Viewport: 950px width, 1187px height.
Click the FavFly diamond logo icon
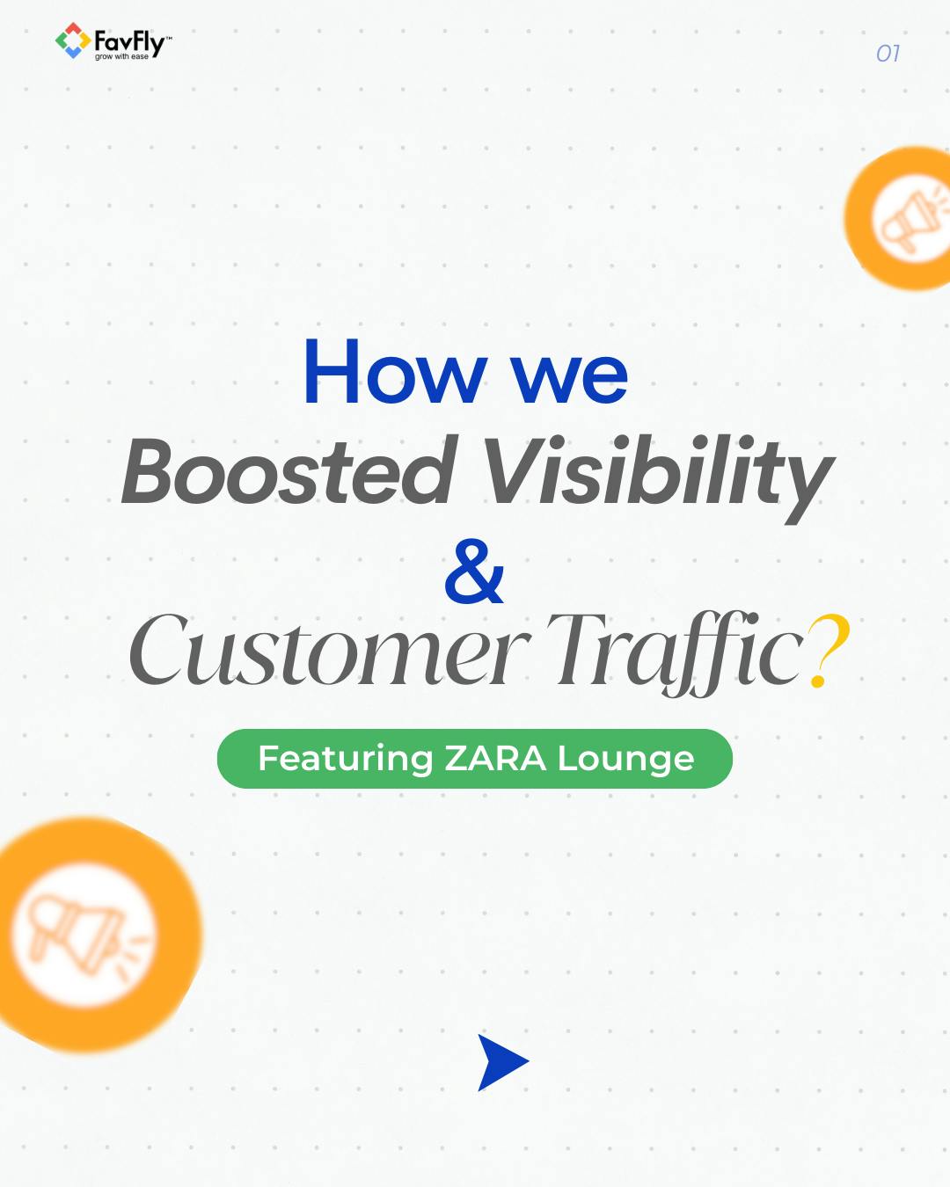tap(72, 40)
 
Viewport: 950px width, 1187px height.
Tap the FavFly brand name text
tap(128, 40)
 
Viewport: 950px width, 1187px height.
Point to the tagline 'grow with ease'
tap(121, 57)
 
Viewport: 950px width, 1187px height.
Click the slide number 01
tap(888, 54)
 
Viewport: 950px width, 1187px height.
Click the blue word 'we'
tap(570, 376)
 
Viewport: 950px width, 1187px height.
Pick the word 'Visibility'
tap(658, 475)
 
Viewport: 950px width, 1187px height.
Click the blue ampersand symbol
tap(474, 571)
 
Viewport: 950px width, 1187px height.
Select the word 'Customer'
tap(329, 651)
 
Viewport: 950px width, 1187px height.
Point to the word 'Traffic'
tap(675, 651)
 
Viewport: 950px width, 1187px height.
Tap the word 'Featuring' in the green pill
tap(346, 759)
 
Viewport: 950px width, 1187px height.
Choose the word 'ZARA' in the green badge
tap(495, 759)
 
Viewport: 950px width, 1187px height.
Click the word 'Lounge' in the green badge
tap(625, 760)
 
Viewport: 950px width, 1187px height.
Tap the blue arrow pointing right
tap(501, 1062)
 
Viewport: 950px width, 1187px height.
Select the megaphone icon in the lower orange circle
tap(79, 934)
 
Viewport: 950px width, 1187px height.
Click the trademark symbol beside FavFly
tap(169, 38)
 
